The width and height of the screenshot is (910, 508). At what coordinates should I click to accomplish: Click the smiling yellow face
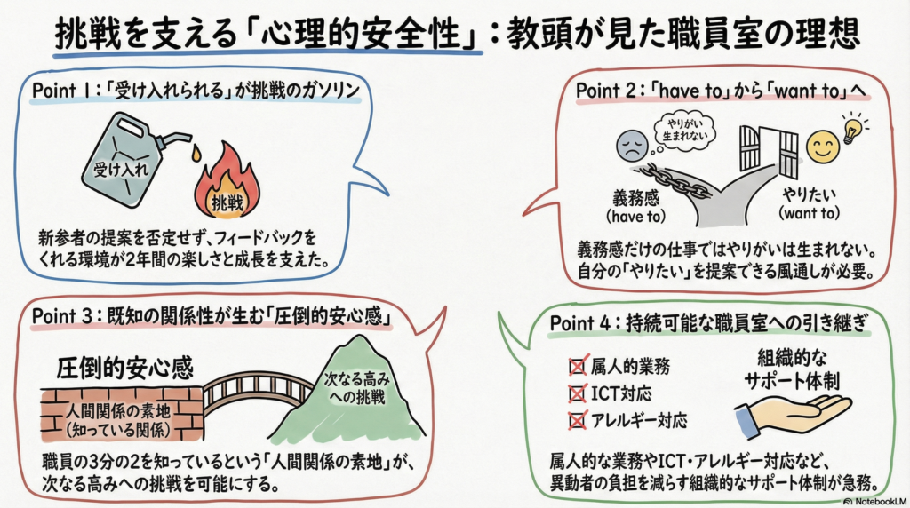point(821,146)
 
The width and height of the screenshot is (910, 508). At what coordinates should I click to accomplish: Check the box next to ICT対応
point(575,393)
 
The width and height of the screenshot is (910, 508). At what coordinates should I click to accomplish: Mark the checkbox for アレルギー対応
point(575,420)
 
